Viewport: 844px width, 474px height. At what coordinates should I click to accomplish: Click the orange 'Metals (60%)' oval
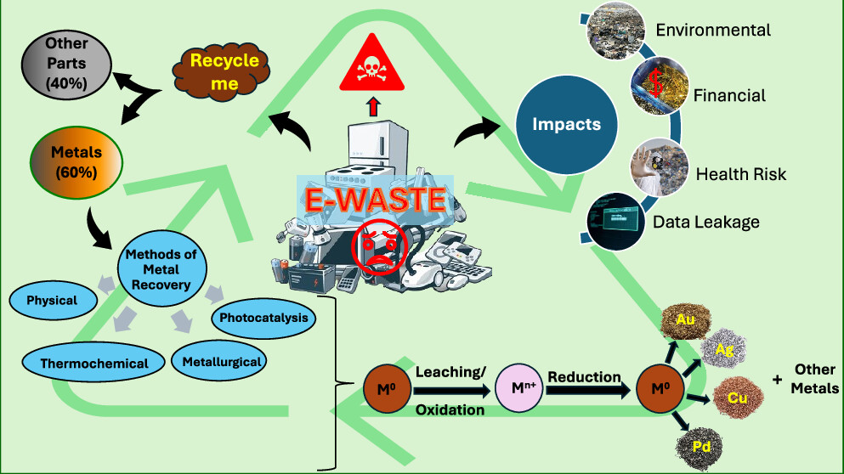tap(76, 161)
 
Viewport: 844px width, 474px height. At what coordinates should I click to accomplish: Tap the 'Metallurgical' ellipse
tap(219, 361)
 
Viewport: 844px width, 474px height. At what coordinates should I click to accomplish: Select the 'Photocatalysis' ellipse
tap(262, 319)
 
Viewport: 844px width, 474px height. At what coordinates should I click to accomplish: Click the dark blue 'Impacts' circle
tap(566, 125)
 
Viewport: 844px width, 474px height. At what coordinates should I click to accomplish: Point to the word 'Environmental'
tap(713, 31)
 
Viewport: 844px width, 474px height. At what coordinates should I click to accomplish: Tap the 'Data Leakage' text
tap(705, 222)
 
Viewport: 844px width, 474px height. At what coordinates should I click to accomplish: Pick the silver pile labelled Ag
tap(725, 347)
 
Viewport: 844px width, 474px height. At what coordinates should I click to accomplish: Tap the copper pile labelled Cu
tap(738, 398)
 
